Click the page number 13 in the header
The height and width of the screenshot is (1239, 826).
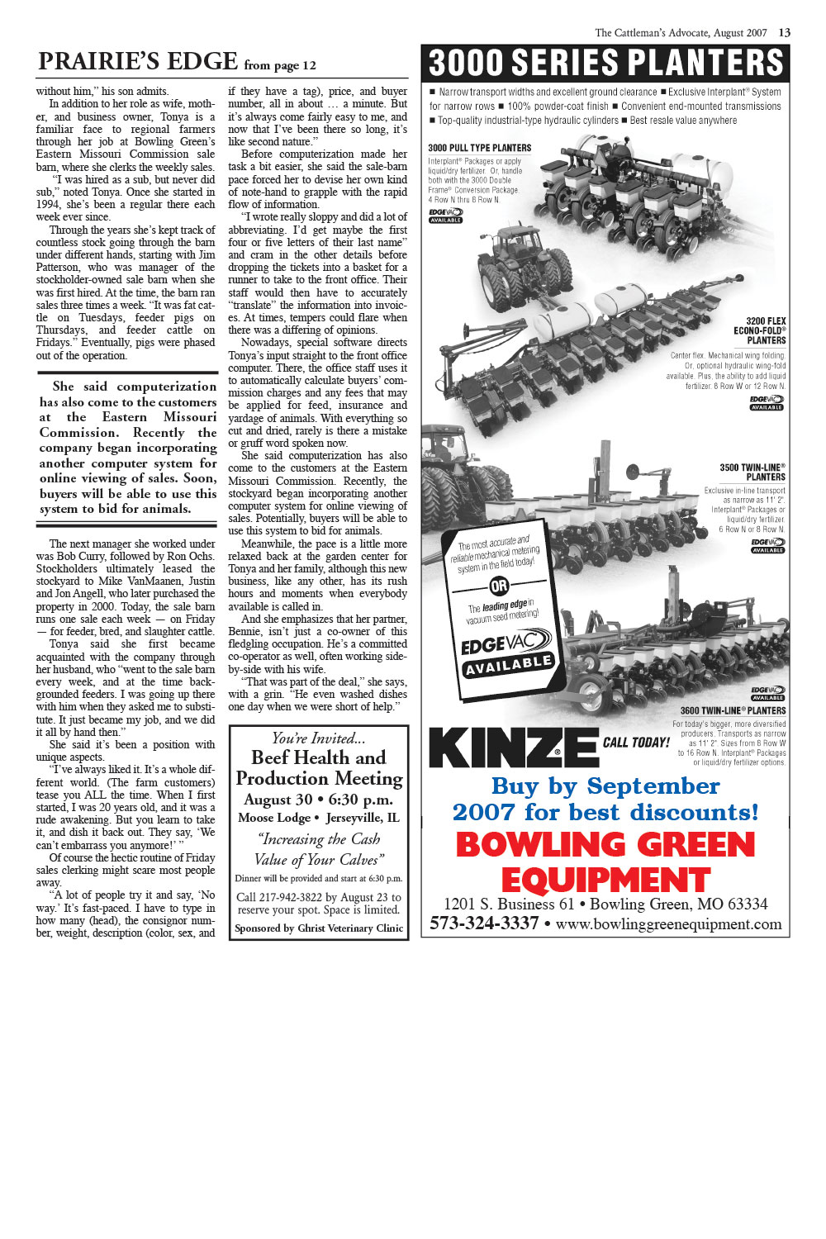(x=784, y=33)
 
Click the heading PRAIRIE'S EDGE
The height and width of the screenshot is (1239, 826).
(x=138, y=62)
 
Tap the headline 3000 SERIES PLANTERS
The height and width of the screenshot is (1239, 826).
(x=605, y=64)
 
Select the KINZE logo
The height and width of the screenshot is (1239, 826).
(x=513, y=747)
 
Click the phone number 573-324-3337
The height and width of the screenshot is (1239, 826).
(x=484, y=923)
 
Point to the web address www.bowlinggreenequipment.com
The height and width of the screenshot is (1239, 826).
(x=668, y=924)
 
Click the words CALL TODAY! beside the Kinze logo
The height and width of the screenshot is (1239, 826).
(x=636, y=743)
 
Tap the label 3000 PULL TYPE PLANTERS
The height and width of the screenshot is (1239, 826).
(x=479, y=148)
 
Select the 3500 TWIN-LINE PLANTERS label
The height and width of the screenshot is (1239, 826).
(x=752, y=472)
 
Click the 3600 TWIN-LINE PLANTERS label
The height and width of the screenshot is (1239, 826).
(x=733, y=710)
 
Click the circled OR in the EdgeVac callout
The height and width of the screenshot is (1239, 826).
(x=499, y=586)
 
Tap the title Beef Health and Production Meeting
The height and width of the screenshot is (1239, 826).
(x=319, y=767)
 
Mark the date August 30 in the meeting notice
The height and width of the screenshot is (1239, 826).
(x=278, y=800)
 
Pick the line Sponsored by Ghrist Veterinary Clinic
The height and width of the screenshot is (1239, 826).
(x=319, y=928)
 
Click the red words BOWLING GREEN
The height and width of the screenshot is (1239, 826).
(x=605, y=844)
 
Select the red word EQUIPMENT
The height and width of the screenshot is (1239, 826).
(x=605, y=880)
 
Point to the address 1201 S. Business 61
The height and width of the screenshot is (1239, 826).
(x=508, y=904)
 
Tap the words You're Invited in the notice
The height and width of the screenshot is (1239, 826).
(x=319, y=738)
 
